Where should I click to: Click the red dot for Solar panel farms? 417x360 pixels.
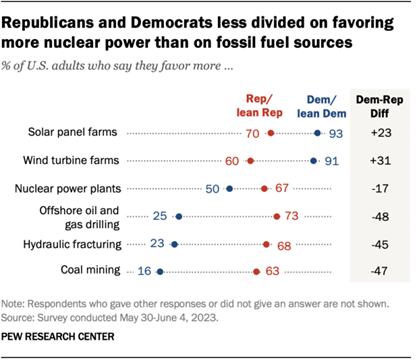pos(270,132)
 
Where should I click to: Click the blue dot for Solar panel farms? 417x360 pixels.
pos(318,132)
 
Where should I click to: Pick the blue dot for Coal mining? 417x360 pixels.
pos(160,269)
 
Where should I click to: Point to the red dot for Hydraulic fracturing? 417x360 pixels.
pos(266,242)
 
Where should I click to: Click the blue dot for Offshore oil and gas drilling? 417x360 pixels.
pos(178,214)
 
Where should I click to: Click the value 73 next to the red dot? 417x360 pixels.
pos(292,214)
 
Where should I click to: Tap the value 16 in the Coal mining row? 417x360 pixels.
pos(144,269)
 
